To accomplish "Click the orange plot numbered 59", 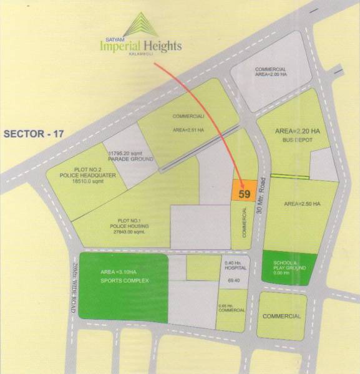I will tap(244, 192).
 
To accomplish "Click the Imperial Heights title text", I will tap(141, 46).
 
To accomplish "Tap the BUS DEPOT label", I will tap(297, 142).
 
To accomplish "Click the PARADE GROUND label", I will tap(132, 158).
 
